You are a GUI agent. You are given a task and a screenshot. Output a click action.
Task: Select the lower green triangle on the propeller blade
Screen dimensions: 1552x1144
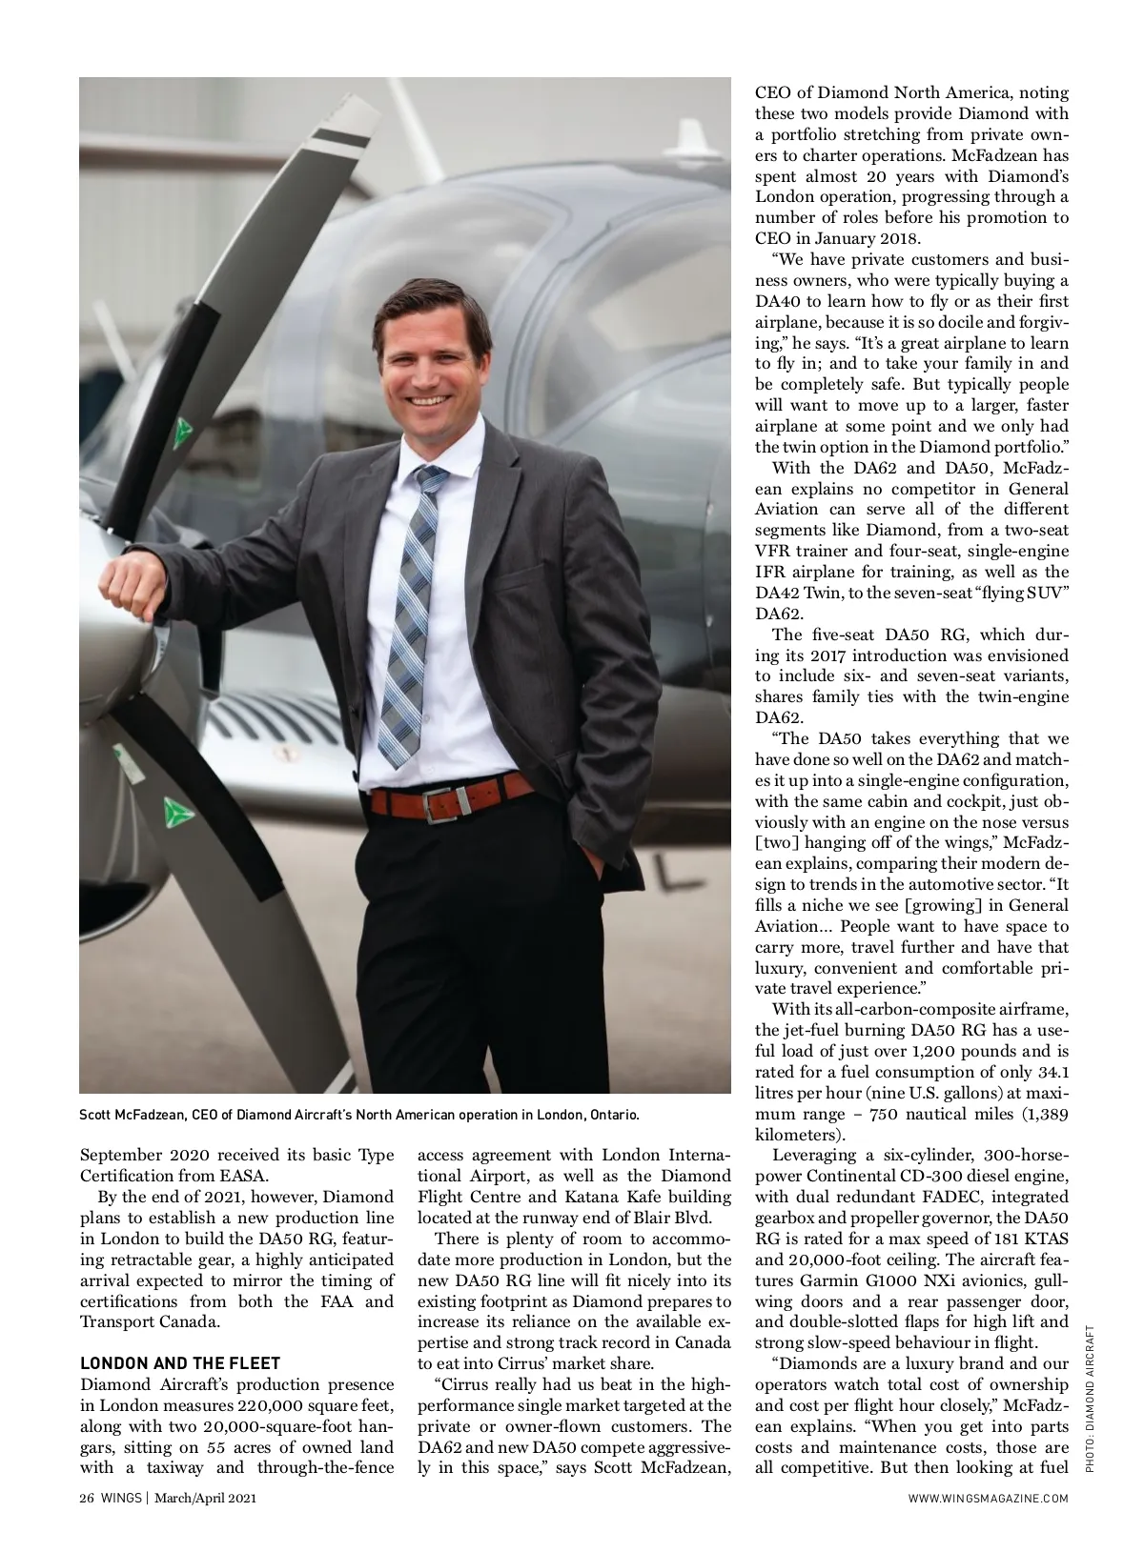coord(174,813)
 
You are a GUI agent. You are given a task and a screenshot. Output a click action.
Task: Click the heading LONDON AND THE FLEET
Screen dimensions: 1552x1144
coord(180,1363)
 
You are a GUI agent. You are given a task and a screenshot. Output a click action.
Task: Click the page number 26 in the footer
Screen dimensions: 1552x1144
coord(87,1499)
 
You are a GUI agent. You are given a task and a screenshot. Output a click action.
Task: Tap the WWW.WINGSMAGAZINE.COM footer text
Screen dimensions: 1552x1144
coord(989,1499)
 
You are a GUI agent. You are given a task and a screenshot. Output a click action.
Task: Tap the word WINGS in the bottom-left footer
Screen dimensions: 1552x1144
coord(120,1499)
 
